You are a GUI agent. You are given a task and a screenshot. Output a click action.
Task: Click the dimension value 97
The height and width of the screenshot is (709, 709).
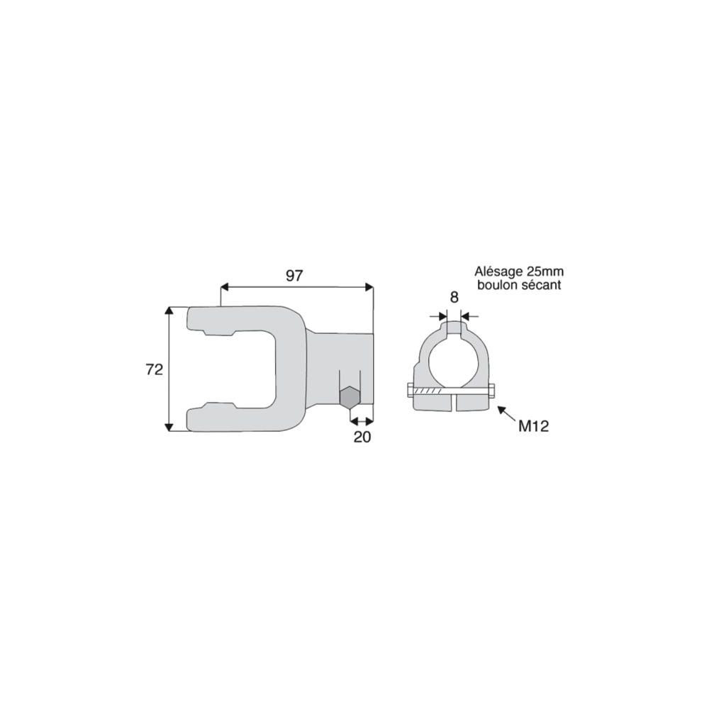tap(294, 275)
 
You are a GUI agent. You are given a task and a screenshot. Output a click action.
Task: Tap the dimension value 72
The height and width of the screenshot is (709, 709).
tap(154, 369)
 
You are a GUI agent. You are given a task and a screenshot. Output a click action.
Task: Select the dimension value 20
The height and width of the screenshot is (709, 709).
tap(362, 437)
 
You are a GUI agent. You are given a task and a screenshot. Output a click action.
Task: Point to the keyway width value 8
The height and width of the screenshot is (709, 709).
tap(454, 297)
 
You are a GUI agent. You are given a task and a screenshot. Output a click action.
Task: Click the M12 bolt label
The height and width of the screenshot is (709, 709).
tap(534, 426)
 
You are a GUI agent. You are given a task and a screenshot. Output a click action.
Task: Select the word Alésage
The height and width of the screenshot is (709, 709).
tap(498, 272)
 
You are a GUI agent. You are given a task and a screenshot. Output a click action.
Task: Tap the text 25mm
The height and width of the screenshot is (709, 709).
tap(545, 272)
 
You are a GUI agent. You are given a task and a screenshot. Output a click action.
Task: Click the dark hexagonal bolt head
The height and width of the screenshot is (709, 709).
tap(350, 398)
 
